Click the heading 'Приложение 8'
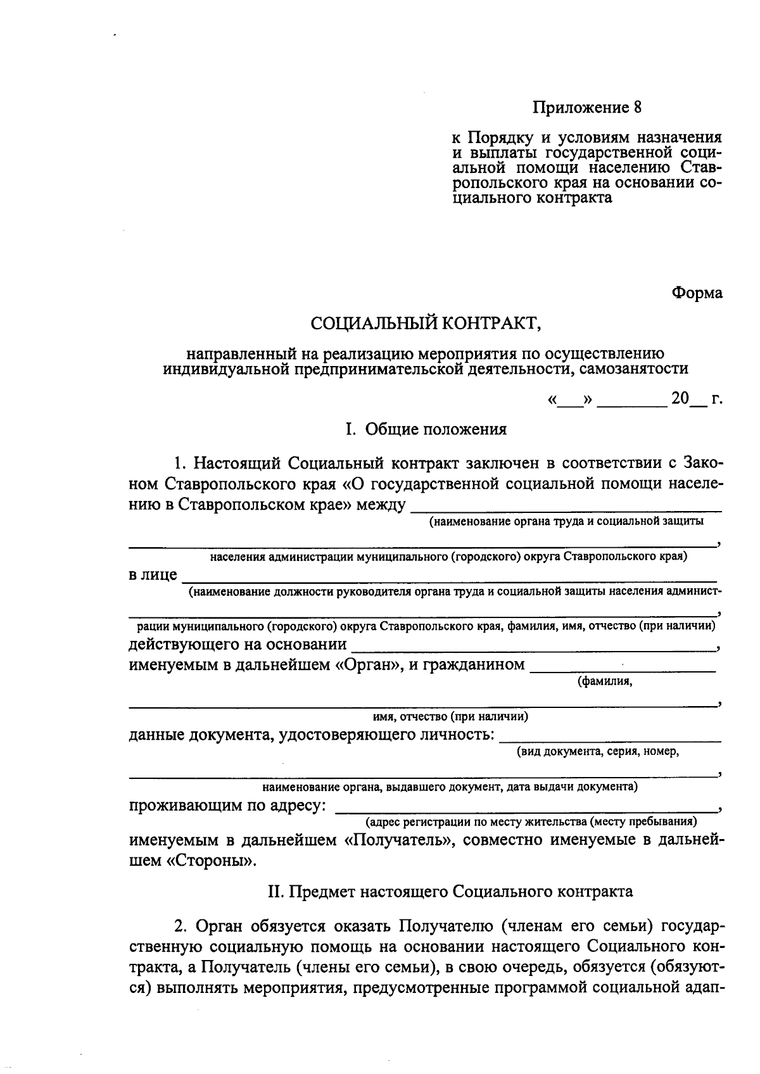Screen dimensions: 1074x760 click(x=586, y=107)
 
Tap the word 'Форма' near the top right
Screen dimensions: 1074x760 click(x=697, y=293)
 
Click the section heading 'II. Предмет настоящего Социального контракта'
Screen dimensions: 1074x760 click(x=450, y=892)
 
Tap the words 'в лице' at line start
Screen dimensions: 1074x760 click(x=153, y=575)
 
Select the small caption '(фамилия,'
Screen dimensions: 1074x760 click(x=604, y=681)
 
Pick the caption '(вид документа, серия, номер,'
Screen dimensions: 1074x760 click(x=598, y=752)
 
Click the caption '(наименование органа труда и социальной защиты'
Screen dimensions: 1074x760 click(x=566, y=521)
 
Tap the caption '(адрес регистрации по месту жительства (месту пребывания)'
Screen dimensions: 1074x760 click(x=531, y=822)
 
